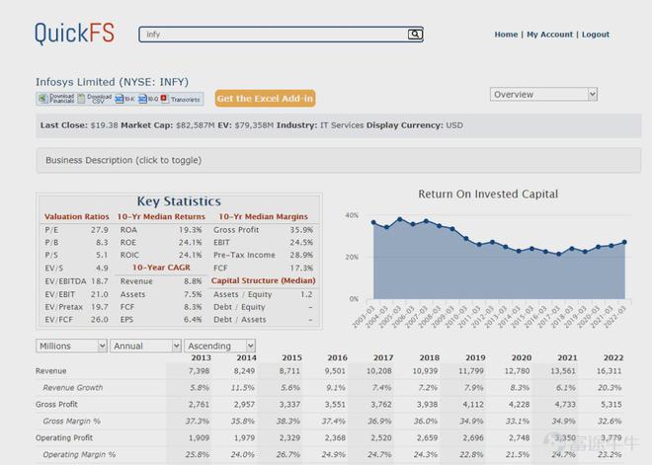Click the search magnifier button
(415, 34)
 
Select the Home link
(506, 35)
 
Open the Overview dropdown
(543, 95)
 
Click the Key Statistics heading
(178, 201)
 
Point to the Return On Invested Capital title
(488, 194)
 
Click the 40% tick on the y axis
(352, 215)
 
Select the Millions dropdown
(72, 347)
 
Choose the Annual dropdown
(145, 347)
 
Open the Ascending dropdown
(221, 347)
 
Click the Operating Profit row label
(64, 436)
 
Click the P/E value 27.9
(100, 229)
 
